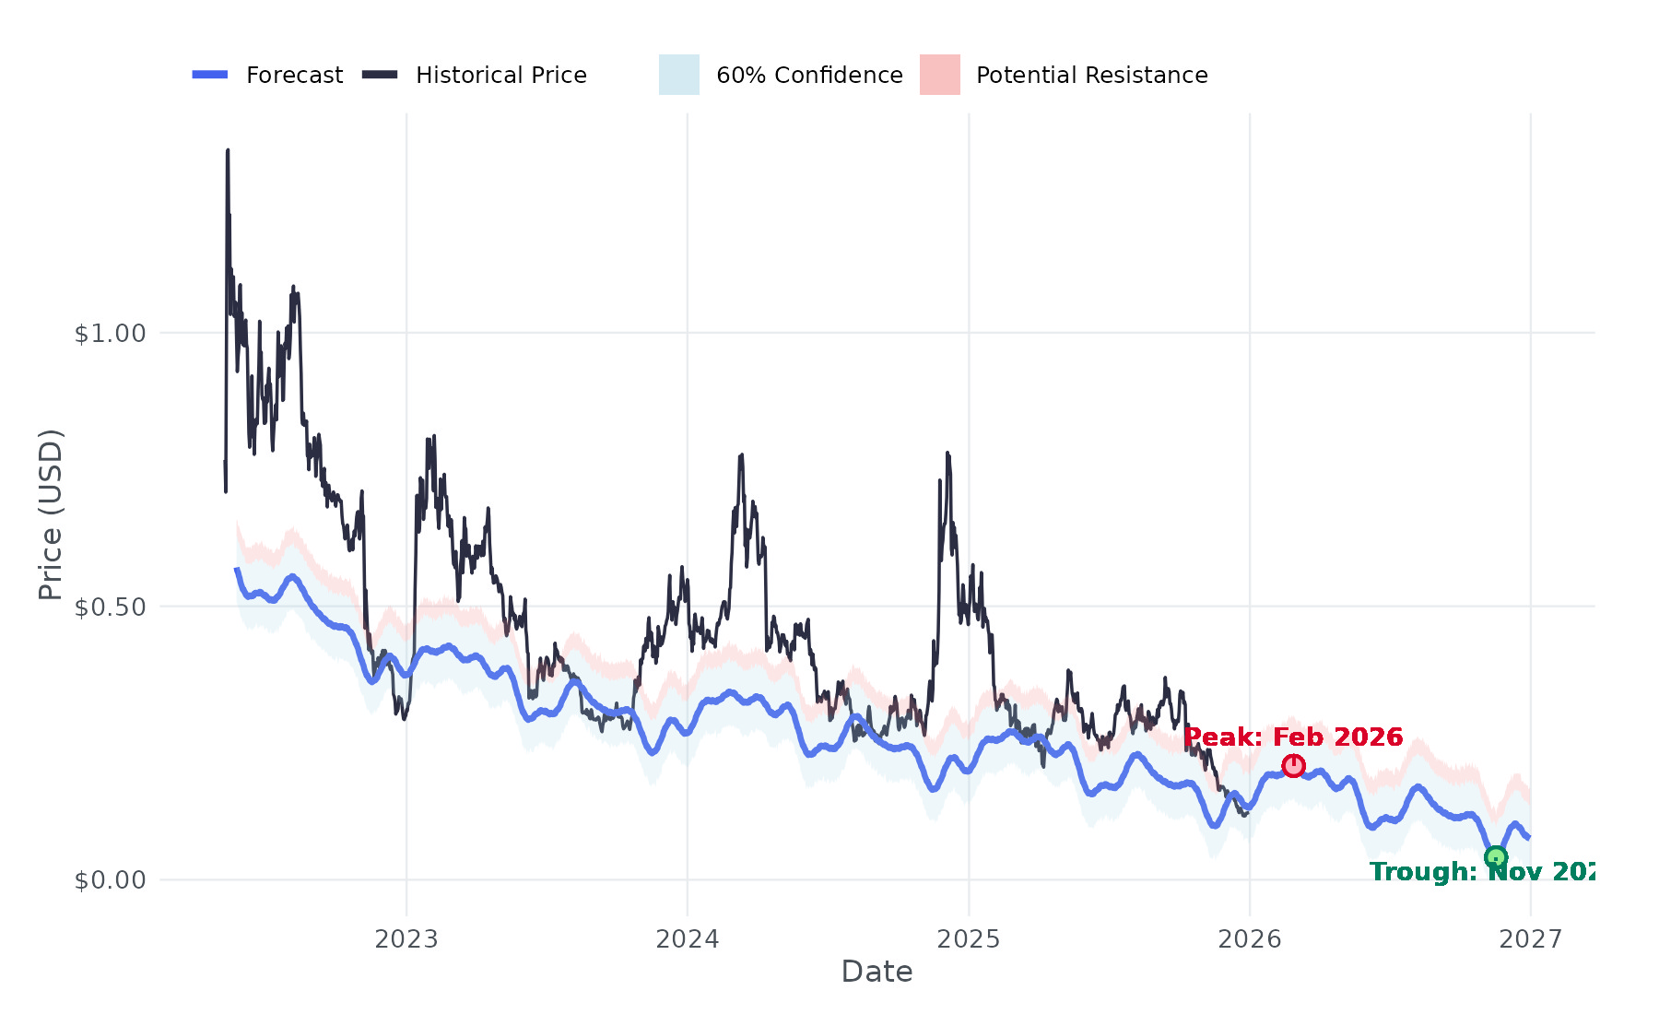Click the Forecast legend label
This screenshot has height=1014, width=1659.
(x=294, y=75)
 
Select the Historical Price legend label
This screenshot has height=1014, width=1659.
(x=500, y=75)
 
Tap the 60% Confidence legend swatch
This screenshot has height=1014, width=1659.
(x=679, y=75)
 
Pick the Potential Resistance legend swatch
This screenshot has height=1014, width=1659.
(x=939, y=75)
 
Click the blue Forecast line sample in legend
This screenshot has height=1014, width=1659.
(x=210, y=75)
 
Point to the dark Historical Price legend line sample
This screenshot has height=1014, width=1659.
(x=380, y=75)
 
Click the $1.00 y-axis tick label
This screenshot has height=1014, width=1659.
(x=111, y=333)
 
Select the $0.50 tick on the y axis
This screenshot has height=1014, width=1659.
(x=111, y=607)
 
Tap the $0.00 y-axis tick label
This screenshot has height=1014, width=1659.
(x=111, y=880)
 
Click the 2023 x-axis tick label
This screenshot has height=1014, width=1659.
(x=406, y=939)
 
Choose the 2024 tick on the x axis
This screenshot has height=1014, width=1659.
(x=688, y=939)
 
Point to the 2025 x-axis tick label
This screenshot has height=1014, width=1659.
(x=969, y=939)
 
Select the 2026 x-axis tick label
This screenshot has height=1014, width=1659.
(x=1250, y=939)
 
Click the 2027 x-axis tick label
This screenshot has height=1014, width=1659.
(x=1531, y=939)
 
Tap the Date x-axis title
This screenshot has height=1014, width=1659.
(x=877, y=972)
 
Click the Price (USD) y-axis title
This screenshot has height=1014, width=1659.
(x=50, y=514)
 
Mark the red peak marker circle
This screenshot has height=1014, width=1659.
(x=1293, y=765)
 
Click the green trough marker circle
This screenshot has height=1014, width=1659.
(x=1496, y=857)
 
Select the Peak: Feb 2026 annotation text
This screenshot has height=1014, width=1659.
(x=1293, y=737)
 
